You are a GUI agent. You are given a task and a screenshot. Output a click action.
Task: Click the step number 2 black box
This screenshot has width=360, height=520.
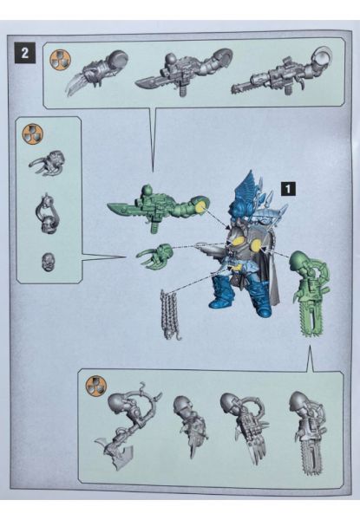point(25,53)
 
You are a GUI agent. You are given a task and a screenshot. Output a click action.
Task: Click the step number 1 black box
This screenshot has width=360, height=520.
point(288,189)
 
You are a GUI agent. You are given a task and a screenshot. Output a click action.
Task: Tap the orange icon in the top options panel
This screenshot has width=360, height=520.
point(61,61)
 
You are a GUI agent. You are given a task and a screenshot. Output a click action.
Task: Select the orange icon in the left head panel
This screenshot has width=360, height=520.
point(32,134)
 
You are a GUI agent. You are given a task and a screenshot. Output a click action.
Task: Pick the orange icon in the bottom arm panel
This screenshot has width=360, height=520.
point(96,387)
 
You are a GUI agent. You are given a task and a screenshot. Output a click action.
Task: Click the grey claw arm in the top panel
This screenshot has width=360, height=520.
point(97,72)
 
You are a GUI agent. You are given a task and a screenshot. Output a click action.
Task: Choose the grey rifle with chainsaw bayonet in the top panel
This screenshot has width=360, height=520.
point(281,72)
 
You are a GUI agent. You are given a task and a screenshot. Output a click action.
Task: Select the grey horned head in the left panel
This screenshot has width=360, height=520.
point(47,163)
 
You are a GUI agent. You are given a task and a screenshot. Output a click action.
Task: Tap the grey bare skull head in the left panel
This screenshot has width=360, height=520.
point(48,261)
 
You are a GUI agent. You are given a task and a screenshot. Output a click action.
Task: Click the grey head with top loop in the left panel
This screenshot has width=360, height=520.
point(48,214)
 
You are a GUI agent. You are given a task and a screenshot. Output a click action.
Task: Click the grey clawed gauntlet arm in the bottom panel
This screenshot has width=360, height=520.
point(245,428)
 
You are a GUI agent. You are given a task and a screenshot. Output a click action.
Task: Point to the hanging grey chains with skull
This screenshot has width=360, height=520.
point(171,315)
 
